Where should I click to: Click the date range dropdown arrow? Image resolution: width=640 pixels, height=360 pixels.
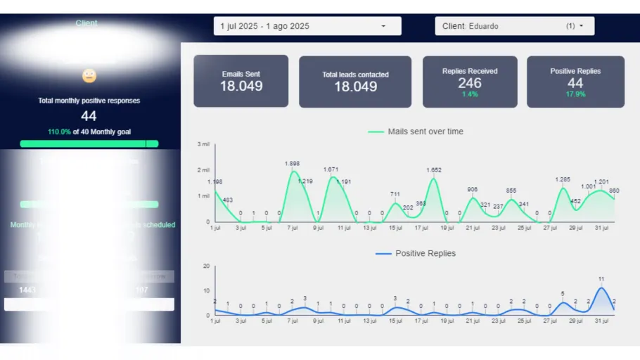click(383, 27)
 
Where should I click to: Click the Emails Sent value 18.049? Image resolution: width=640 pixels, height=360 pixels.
click(241, 86)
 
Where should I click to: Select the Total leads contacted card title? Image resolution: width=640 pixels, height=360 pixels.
click(355, 75)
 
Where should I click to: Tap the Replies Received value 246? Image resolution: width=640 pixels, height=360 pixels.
click(470, 83)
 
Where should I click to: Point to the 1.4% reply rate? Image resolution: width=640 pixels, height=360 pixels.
click(470, 94)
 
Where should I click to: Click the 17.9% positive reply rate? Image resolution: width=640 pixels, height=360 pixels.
click(575, 94)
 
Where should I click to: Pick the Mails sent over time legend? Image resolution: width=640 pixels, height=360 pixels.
click(416, 131)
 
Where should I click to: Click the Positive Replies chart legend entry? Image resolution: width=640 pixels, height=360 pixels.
click(416, 253)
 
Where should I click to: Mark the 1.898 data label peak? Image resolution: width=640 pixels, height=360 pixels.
click(293, 164)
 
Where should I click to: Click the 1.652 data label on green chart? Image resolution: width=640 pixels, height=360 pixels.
click(434, 170)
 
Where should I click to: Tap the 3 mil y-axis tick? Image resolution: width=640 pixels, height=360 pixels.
click(203, 144)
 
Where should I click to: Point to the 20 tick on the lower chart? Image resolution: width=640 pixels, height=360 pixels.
click(206, 266)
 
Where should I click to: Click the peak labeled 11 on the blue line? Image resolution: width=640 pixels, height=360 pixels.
click(601, 280)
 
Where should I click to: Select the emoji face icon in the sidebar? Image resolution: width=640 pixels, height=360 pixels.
click(89, 76)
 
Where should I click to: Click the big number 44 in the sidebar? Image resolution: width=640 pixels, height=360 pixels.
click(89, 116)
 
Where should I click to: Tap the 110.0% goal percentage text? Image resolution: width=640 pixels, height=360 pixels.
click(59, 132)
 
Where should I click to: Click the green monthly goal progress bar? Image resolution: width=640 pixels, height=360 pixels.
click(89, 143)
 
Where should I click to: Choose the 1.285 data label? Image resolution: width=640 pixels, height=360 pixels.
click(563, 180)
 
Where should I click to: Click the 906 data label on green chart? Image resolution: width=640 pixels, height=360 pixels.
click(473, 190)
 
